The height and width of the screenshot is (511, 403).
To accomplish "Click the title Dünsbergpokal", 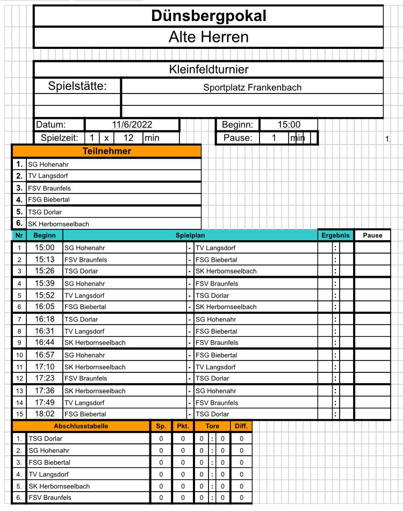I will [208, 16].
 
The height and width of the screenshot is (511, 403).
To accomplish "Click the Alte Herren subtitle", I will [208, 37].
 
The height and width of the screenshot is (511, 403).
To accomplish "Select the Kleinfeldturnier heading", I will [208, 69].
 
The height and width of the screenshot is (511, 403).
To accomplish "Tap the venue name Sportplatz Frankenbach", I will [253, 87].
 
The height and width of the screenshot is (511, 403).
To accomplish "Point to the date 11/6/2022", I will [132, 125].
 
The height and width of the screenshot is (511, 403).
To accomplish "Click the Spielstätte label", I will [78, 87].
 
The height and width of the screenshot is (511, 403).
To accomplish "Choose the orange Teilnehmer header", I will [106, 151].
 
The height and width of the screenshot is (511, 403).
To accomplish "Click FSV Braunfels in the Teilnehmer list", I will [49, 189].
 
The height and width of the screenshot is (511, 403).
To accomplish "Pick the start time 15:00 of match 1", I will [45, 248].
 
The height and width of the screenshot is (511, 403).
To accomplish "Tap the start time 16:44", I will [45, 342].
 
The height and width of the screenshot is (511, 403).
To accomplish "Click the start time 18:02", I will [45, 414].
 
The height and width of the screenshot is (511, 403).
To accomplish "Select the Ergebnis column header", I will [335, 235].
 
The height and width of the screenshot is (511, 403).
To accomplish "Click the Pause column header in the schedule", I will [372, 235].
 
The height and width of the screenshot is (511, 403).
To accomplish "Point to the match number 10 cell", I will [19, 355].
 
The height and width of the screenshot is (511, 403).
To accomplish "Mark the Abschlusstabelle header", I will [81, 426].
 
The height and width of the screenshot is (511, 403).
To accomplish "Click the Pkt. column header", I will [179, 426].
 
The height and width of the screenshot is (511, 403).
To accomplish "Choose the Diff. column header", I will [241, 426].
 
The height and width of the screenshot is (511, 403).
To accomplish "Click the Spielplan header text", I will [190, 235].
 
